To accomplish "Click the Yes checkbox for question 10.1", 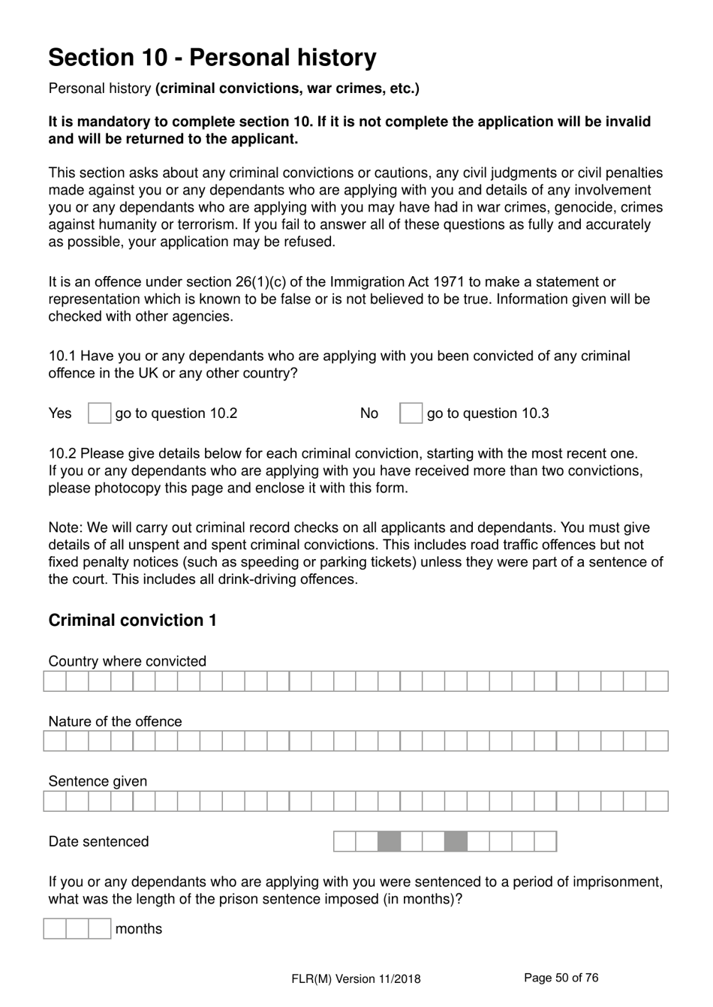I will coord(99,413).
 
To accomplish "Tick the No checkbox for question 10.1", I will coord(411,413).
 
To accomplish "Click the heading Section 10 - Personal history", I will coord(212,58).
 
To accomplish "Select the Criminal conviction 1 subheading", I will coord(133,621).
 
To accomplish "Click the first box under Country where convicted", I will coord(55,681).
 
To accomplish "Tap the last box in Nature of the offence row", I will coord(657,741).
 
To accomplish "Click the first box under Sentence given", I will coord(55,801).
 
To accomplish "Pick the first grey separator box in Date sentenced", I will coord(389,841).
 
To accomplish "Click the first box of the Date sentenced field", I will coord(344,841).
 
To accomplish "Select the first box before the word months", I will coord(55,929).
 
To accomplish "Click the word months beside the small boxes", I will coord(139,929).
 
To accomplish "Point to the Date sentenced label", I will coord(98,842).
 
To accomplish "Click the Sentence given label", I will coord(98,781).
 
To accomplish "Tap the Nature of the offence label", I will coord(115,721).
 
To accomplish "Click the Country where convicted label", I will coord(127,661).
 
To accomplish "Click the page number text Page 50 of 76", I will coord(561,978).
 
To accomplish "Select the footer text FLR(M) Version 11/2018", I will coord(356,978).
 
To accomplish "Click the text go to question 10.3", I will coord(488,413).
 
